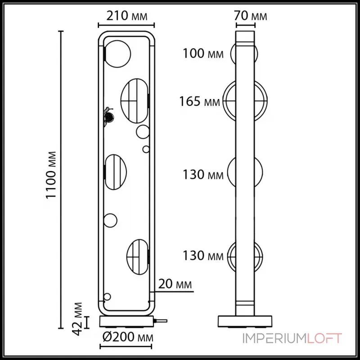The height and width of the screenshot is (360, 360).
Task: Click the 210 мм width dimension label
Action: (126, 17)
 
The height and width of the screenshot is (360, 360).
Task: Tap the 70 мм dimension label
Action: (251, 17)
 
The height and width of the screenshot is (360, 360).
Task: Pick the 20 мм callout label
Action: (175, 284)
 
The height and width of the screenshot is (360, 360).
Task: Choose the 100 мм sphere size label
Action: (203, 54)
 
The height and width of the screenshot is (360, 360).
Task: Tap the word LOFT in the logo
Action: (325, 338)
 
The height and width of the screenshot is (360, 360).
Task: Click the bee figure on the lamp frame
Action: (108, 117)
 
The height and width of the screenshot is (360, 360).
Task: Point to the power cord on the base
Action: (160, 321)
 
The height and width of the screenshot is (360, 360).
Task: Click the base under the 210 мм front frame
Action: (126, 321)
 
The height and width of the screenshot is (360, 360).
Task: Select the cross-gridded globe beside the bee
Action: (134, 100)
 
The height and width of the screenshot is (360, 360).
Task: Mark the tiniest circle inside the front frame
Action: (145, 149)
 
